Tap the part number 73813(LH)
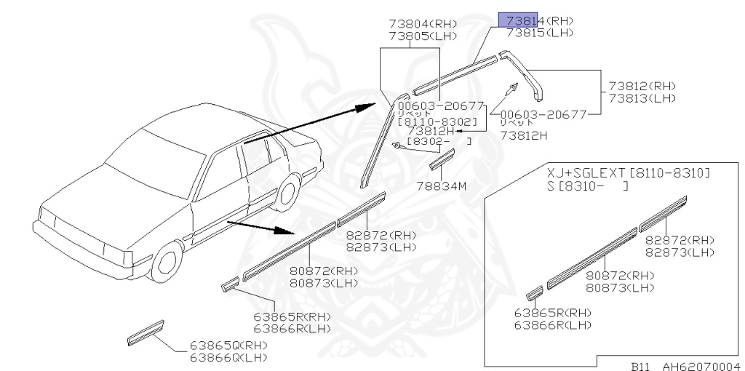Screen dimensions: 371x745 642,98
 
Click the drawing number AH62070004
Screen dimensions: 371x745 698,367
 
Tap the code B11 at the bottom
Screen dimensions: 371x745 641,367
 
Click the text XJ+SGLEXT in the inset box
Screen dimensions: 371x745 587,173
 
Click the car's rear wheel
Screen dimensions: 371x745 288,193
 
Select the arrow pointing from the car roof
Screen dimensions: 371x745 306,124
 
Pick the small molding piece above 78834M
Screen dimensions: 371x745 442,159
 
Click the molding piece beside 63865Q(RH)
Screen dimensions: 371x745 146,332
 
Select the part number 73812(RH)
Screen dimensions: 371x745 642,86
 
